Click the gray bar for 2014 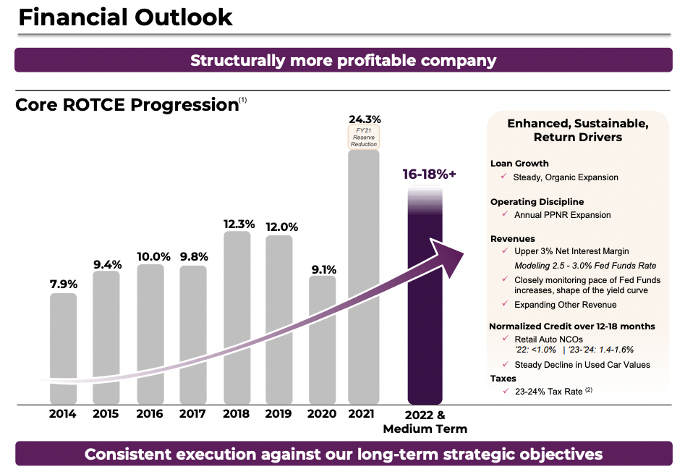[x=64, y=347]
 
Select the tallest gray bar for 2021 [x=363, y=275]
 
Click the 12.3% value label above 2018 [x=239, y=224]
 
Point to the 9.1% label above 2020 [x=322, y=269]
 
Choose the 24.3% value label [x=364, y=119]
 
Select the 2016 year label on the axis [x=149, y=414]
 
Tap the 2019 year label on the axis [x=278, y=414]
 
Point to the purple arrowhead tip [x=461, y=251]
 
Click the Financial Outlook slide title [x=125, y=17]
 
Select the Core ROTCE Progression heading [x=127, y=105]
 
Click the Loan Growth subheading [x=519, y=164]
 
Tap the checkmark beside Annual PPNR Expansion [x=503, y=214]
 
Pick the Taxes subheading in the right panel [x=504, y=379]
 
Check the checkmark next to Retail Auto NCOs [x=503, y=338]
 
